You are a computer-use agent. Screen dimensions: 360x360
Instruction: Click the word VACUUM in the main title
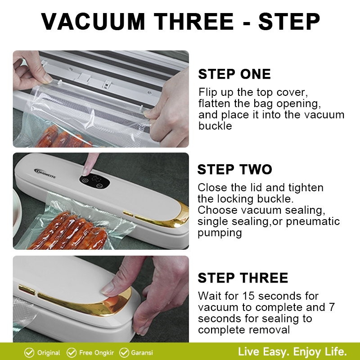pyautogui.click(x=93, y=21)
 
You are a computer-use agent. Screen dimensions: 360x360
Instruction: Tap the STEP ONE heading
pyautogui.click(x=234, y=74)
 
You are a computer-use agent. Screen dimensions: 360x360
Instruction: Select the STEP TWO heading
pyautogui.click(x=234, y=170)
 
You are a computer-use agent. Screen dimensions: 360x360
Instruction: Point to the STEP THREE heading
pyautogui.click(x=243, y=278)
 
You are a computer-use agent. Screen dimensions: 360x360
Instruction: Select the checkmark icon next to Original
pyautogui.click(x=29, y=352)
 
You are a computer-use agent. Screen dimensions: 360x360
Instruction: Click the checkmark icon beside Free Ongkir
pyautogui.click(x=71, y=352)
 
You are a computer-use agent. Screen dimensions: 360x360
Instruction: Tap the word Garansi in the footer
pyautogui.click(x=142, y=353)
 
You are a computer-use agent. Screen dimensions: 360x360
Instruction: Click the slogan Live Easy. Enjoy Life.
pyautogui.click(x=292, y=352)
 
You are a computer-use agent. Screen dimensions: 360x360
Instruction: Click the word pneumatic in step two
pyautogui.click(x=313, y=221)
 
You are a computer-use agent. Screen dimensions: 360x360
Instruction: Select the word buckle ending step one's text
pyautogui.click(x=215, y=126)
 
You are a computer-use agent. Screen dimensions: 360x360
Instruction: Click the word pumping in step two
pyautogui.click(x=220, y=233)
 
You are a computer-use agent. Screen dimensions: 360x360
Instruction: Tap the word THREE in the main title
pyautogui.click(x=193, y=21)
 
